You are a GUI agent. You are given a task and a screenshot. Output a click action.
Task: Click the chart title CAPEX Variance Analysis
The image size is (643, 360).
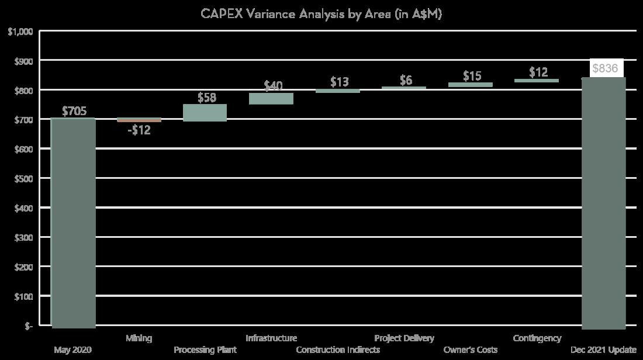tap(321, 14)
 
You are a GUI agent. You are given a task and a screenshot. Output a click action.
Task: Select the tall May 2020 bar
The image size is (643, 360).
tap(73, 222)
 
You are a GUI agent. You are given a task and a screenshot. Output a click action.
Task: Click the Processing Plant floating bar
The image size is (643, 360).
tap(205, 112)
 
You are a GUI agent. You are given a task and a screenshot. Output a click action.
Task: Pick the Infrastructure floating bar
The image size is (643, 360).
tap(271, 98)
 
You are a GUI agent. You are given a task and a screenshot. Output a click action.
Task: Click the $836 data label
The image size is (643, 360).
tap(604, 68)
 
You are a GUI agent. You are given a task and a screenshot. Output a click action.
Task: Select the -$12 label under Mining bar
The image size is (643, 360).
tap(139, 130)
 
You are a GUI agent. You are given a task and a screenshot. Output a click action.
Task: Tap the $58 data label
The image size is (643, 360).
tap(206, 98)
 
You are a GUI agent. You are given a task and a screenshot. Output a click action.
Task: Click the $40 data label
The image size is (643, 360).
tap(272, 86)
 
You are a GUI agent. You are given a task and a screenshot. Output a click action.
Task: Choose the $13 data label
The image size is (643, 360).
tap(339, 82)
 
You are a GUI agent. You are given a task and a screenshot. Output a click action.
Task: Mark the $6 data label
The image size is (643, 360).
tap(406, 80)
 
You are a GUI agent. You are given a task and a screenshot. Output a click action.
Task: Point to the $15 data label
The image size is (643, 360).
tap(472, 76)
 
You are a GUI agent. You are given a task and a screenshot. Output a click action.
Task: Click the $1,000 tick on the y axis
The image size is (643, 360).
tap(20, 32)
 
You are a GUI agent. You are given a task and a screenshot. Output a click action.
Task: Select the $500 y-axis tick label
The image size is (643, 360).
tap(23, 179)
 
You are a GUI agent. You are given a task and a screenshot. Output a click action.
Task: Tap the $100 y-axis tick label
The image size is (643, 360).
tap(23, 296)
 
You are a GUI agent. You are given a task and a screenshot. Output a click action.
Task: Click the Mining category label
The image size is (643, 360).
tap(139, 338)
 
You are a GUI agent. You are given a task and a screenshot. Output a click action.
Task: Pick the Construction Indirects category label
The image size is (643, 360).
tap(337, 349)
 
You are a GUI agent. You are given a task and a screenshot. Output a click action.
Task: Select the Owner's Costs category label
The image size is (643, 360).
tap(471, 349)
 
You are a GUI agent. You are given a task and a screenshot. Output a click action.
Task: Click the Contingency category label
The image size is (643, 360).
tap(537, 338)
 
